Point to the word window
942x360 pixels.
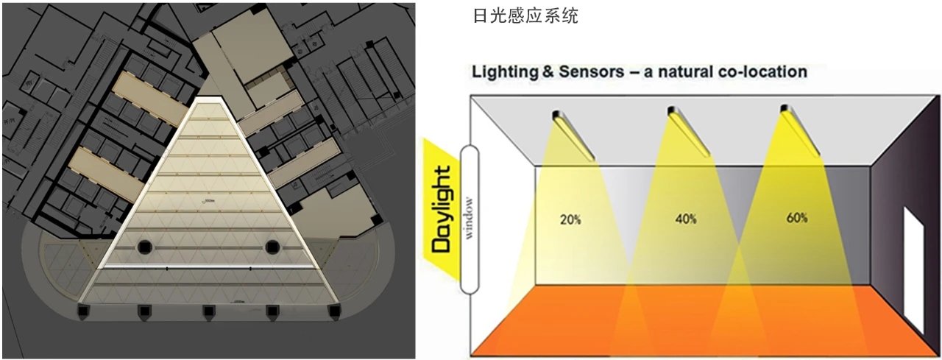point(469,219)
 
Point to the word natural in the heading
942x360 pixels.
point(682,72)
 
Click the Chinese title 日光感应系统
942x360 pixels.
point(525,16)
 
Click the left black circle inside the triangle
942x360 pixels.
point(144,246)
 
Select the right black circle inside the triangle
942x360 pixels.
point(272,246)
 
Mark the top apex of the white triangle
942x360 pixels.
point(210,98)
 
